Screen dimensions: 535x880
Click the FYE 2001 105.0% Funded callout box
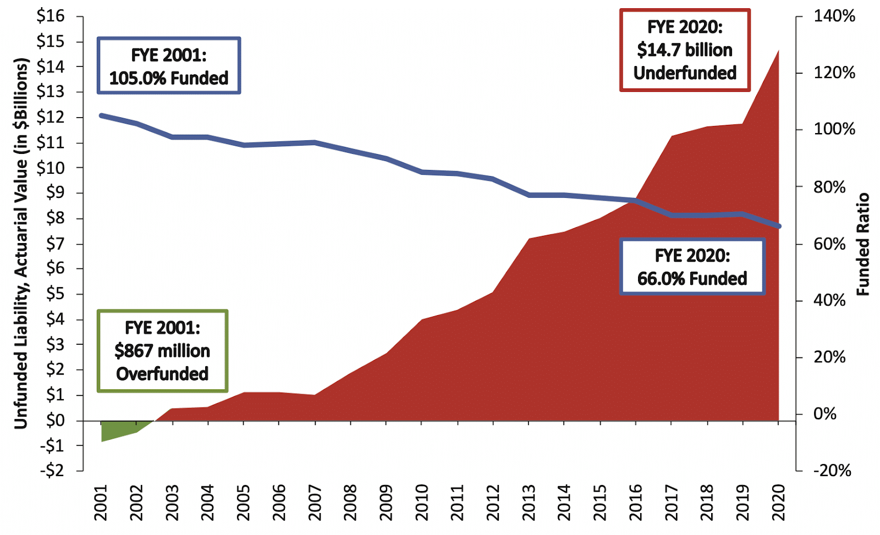(x=169, y=66)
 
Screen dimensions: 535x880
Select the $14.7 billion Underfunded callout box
(x=685, y=50)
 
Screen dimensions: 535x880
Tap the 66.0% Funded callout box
(x=692, y=267)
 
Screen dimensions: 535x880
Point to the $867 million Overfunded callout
(x=162, y=351)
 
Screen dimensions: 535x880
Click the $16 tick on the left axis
(x=51, y=16)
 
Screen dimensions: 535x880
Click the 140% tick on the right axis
(x=834, y=16)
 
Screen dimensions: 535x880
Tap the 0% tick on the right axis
(x=824, y=413)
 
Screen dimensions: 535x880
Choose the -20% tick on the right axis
(x=831, y=471)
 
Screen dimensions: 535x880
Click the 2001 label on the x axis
(x=101, y=502)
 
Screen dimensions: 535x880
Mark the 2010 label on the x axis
(x=422, y=502)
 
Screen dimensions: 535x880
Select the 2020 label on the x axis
(x=778, y=502)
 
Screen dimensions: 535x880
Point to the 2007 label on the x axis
(x=315, y=502)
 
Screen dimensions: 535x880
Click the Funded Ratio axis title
(x=863, y=244)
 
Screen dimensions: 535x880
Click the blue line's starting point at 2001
(x=101, y=115)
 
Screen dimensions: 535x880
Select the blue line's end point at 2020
(x=778, y=226)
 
